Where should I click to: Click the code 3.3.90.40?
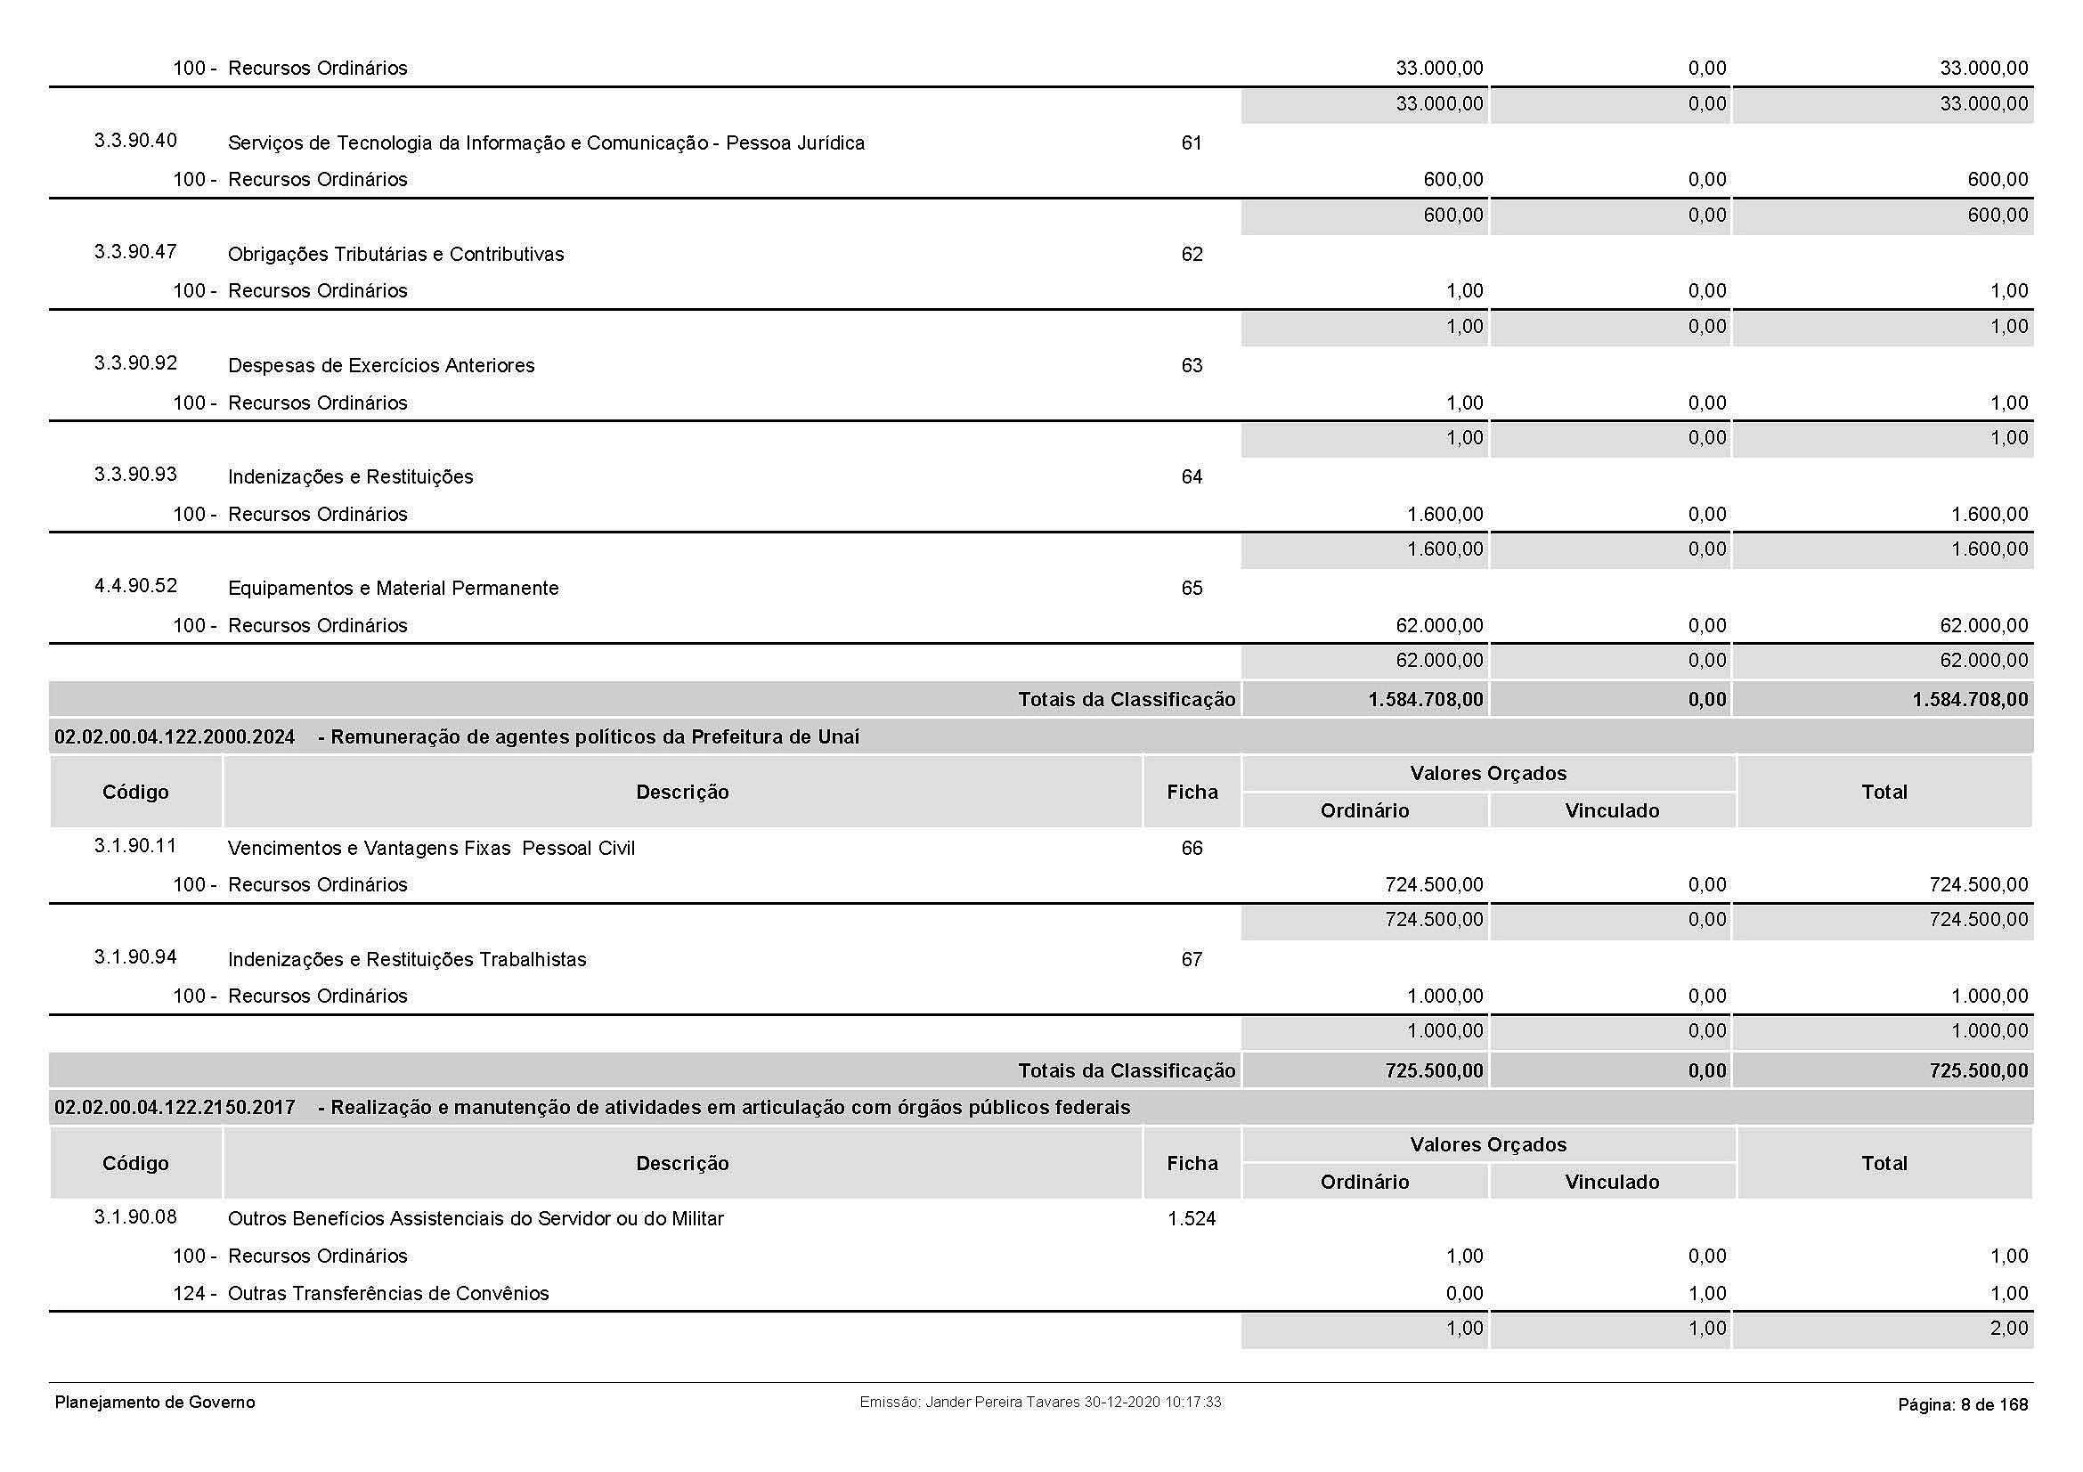point(135,141)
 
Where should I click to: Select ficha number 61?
point(1192,143)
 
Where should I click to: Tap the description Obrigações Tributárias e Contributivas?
point(395,255)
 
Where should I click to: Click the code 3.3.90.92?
point(135,363)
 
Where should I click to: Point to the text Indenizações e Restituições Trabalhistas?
point(406,960)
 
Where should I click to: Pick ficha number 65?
point(1192,589)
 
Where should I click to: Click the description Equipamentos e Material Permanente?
point(393,589)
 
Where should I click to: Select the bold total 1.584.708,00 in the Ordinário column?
point(1425,700)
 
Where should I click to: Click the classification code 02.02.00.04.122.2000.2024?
point(175,737)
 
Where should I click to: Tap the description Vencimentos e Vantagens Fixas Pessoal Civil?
point(431,849)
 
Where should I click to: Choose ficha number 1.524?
point(1192,1219)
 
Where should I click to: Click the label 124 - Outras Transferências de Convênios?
point(361,1293)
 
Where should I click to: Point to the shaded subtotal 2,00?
point(2008,1329)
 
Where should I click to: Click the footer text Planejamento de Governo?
point(155,1403)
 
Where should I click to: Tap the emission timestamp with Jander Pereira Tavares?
point(1039,1403)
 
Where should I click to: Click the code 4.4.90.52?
point(135,586)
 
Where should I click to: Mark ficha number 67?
point(1192,960)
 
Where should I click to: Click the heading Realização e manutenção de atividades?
point(730,1109)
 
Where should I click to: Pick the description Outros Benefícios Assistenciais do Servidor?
point(476,1219)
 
